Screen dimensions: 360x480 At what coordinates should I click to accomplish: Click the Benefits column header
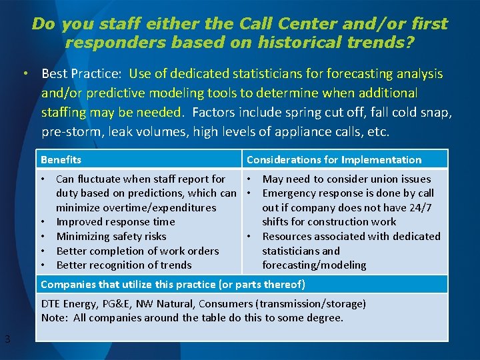point(61,160)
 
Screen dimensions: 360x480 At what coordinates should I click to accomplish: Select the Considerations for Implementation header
point(334,160)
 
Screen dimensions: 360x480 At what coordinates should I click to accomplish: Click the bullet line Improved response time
point(115,222)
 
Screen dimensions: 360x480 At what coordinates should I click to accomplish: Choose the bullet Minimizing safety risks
point(111,236)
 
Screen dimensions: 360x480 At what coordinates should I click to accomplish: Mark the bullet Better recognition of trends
point(124,265)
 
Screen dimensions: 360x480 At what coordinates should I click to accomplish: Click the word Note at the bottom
point(53,318)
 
